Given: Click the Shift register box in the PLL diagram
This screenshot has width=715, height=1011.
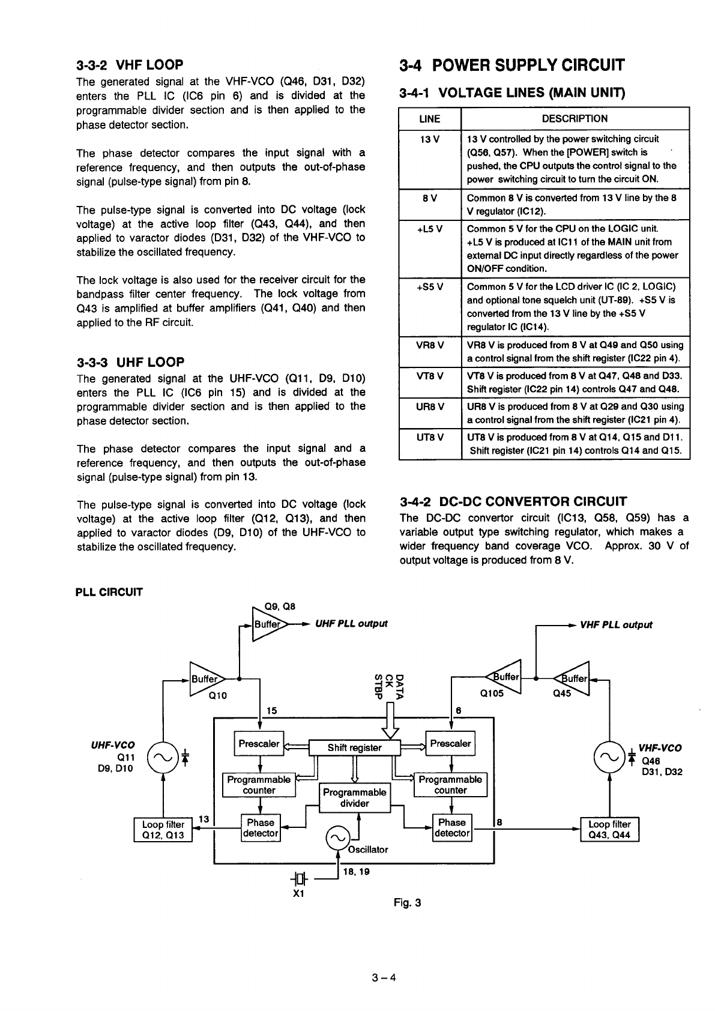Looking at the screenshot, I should point(354,747).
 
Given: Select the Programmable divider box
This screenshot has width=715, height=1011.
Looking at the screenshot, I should point(354,798).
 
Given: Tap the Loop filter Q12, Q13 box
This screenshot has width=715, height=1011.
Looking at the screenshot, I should point(163,830).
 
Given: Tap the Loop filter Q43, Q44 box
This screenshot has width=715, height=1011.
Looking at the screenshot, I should point(609,830).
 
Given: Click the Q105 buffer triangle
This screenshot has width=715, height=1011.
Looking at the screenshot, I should point(504,678).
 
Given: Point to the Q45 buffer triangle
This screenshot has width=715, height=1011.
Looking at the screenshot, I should point(573,678).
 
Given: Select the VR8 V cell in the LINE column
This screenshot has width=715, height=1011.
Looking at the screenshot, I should point(430,345).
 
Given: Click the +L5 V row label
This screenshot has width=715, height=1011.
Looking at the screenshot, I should point(430,229).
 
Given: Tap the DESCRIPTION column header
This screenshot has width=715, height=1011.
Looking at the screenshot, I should point(575,119).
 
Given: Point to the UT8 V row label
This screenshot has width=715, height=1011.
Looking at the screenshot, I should point(430,437).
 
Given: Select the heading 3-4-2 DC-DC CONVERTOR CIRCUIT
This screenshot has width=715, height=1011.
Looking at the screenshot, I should point(513,501).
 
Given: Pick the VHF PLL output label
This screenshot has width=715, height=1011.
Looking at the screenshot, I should point(616,624).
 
